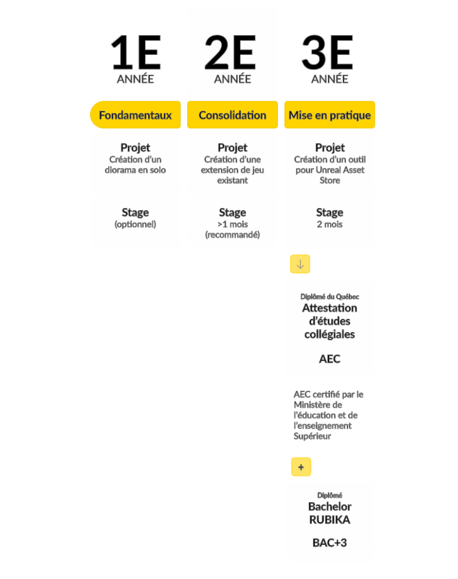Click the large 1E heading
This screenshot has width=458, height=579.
click(x=136, y=53)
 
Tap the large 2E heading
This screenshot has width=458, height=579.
click(x=230, y=53)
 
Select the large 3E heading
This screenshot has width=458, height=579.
click(x=328, y=53)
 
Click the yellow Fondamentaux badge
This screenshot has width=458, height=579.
click(x=135, y=115)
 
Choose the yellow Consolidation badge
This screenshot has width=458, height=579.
click(x=233, y=115)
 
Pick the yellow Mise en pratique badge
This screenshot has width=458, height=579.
click(x=329, y=115)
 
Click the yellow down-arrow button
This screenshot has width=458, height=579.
click(x=300, y=264)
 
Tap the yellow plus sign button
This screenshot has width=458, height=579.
click(x=301, y=467)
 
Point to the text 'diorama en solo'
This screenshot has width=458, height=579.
click(x=135, y=170)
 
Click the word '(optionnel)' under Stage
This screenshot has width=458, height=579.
click(x=135, y=224)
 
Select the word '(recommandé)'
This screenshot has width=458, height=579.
click(x=233, y=235)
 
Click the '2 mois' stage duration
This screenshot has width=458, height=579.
click(x=329, y=224)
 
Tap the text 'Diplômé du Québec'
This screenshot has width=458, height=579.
click(x=329, y=296)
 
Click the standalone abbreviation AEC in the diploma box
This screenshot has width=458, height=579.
click(x=329, y=359)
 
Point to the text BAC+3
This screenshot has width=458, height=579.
click(x=329, y=543)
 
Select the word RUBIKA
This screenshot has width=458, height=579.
click(x=329, y=520)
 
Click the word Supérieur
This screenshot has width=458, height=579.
click(x=313, y=437)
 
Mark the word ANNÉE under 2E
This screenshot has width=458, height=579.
click(x=233, y=79)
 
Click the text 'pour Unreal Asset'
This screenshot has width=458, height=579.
click(x=329, y=170)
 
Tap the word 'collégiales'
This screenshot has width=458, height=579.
click(x=329, y=335)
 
